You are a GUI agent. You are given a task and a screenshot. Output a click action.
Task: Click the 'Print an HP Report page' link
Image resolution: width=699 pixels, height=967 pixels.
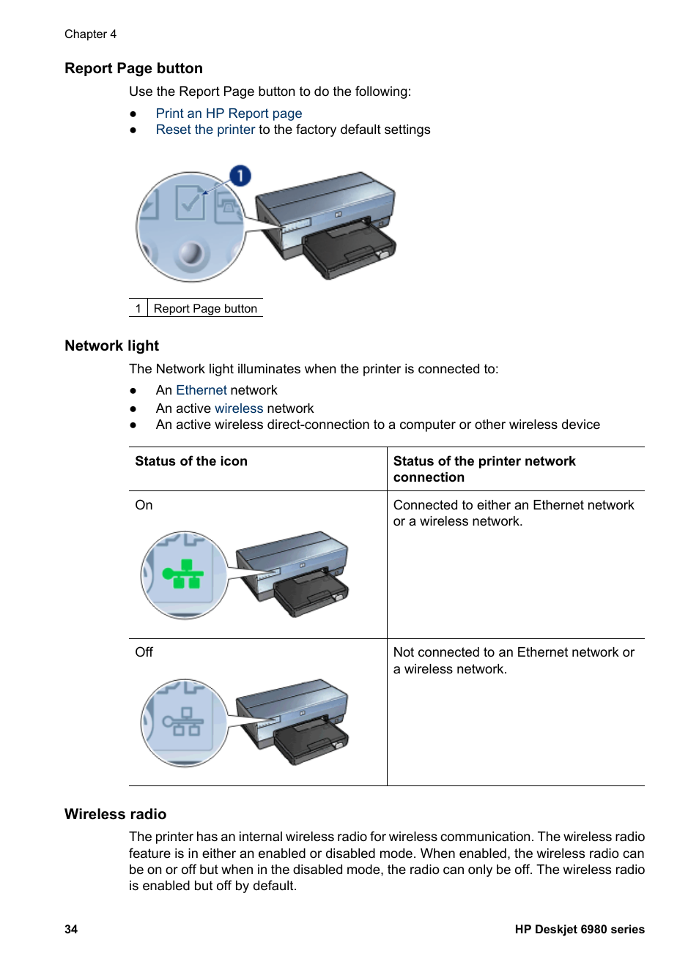point(229,113)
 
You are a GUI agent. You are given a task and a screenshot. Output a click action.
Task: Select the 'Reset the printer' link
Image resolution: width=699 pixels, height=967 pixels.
point(205,130)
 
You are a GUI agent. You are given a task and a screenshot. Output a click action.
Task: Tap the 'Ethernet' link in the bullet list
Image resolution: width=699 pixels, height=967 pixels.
point(201,390)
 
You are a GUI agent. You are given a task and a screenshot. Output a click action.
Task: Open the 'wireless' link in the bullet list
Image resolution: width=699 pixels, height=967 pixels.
point(239,408)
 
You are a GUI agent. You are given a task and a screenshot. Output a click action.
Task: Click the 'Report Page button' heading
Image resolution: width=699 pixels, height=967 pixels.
point(133,69)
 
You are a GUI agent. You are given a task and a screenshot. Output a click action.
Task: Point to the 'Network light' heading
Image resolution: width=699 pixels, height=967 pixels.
point(111,346)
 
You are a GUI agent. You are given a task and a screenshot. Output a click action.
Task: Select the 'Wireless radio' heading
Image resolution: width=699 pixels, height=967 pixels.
point(115,814)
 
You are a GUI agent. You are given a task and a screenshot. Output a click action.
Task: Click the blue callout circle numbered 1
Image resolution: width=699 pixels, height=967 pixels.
point(240,176)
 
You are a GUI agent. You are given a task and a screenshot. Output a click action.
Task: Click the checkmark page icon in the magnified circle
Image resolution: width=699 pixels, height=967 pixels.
point(190,203)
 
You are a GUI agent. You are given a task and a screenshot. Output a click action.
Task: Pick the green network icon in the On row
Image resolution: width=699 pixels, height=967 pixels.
point(182,575)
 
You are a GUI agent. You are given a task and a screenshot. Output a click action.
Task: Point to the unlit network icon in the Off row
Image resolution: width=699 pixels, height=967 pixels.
point(182,722)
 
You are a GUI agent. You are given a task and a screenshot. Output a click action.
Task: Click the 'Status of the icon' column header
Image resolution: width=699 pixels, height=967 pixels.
point(191,461)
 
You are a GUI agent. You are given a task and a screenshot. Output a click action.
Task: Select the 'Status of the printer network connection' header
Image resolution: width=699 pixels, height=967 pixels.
point(484,469)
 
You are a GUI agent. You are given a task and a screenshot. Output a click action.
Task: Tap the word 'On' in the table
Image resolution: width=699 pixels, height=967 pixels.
point(144,505)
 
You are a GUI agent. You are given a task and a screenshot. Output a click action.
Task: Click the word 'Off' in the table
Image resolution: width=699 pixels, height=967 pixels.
point(144,652)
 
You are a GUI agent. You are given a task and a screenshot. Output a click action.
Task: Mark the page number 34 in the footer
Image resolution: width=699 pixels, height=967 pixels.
point(71,929)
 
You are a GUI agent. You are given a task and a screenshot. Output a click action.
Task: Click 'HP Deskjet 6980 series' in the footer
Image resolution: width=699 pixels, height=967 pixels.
point(579,929)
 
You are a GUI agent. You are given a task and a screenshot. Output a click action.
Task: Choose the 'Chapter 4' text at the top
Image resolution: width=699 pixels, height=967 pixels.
point(90,34)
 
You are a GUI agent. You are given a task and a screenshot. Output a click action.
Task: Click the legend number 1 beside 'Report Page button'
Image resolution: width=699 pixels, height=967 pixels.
point(138,309)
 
